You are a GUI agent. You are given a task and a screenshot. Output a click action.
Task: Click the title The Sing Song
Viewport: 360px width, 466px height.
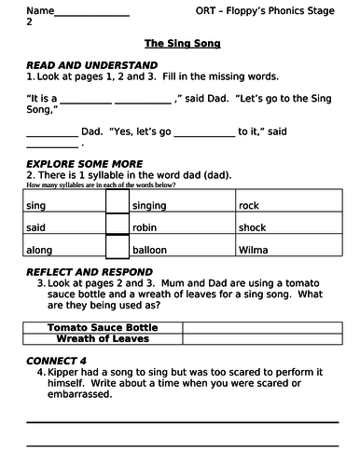[182, 44]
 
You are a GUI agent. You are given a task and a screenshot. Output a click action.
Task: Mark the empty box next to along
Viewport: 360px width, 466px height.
[117, 248]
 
